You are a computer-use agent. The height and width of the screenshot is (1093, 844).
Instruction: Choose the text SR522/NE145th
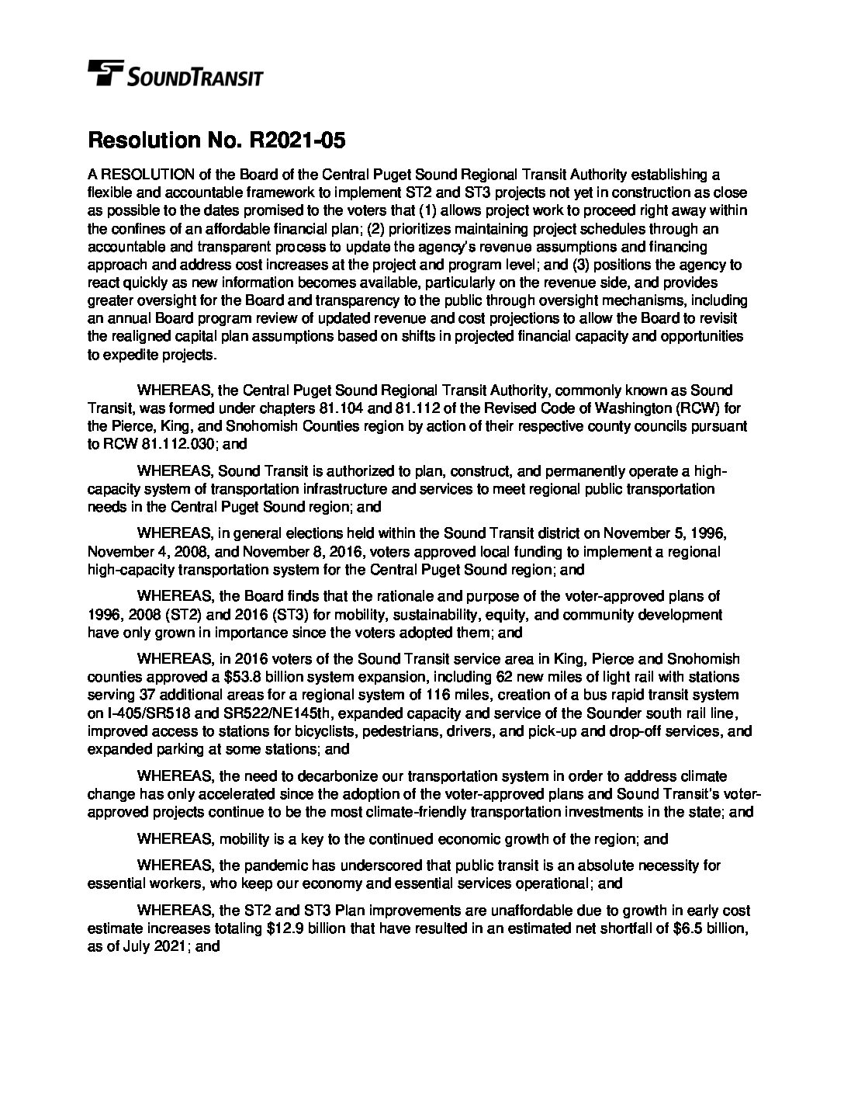point(254,713)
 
